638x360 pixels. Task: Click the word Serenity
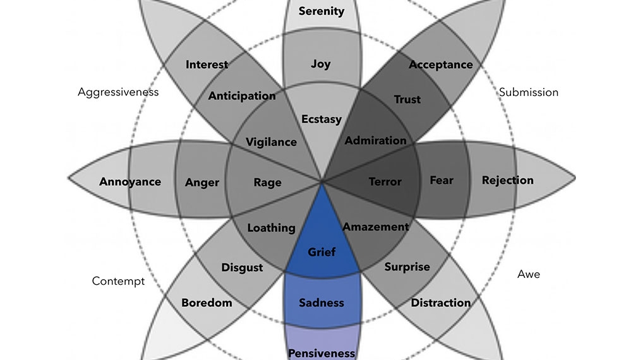(321, 11)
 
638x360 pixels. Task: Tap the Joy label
(321, 64)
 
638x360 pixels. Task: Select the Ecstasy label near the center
(321, 119)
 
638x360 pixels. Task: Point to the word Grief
(322, 252)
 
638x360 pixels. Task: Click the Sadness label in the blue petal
(321, 303)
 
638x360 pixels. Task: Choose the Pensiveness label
(321, 353)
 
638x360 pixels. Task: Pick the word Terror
(385, 182)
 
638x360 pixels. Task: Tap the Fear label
(442, 180)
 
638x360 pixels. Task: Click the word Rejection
(507, 180)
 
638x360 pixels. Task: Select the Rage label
(267, 183)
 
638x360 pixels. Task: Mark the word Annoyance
(130, 182)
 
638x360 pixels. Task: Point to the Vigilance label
(271, 142)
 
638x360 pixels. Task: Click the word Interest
(207, 64)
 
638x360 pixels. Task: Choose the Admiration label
(375, 140)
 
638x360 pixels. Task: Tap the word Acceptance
(440, 64)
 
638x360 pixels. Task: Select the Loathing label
(271, 227)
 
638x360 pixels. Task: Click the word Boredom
(207, 303)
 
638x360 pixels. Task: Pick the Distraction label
(440, 303)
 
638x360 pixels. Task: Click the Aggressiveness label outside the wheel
(118, 92)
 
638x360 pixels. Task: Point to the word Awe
(529, 274)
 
